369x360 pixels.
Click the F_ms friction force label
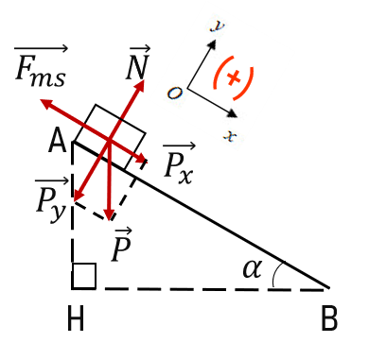(41, 66)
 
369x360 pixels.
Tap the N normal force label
(138, 62)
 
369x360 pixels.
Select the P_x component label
(179, 163)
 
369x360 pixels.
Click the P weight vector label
(121, 245)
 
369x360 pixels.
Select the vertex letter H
(76, 318)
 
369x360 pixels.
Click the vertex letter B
(329, 318)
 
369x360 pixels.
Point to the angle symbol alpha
(253, 268)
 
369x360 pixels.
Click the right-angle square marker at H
(84, 276)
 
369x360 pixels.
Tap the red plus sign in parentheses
(234, 77)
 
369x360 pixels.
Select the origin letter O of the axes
(174, 93)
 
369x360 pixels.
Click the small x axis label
(230, 136)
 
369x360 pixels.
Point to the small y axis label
(218, 26)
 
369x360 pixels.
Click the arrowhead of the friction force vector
(46, 103)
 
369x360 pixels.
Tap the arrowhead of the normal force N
(141, 85)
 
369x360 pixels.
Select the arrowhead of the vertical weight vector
(109, 215)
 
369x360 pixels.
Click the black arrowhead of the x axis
(233, 113)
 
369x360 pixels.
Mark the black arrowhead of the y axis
(213, 43)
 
